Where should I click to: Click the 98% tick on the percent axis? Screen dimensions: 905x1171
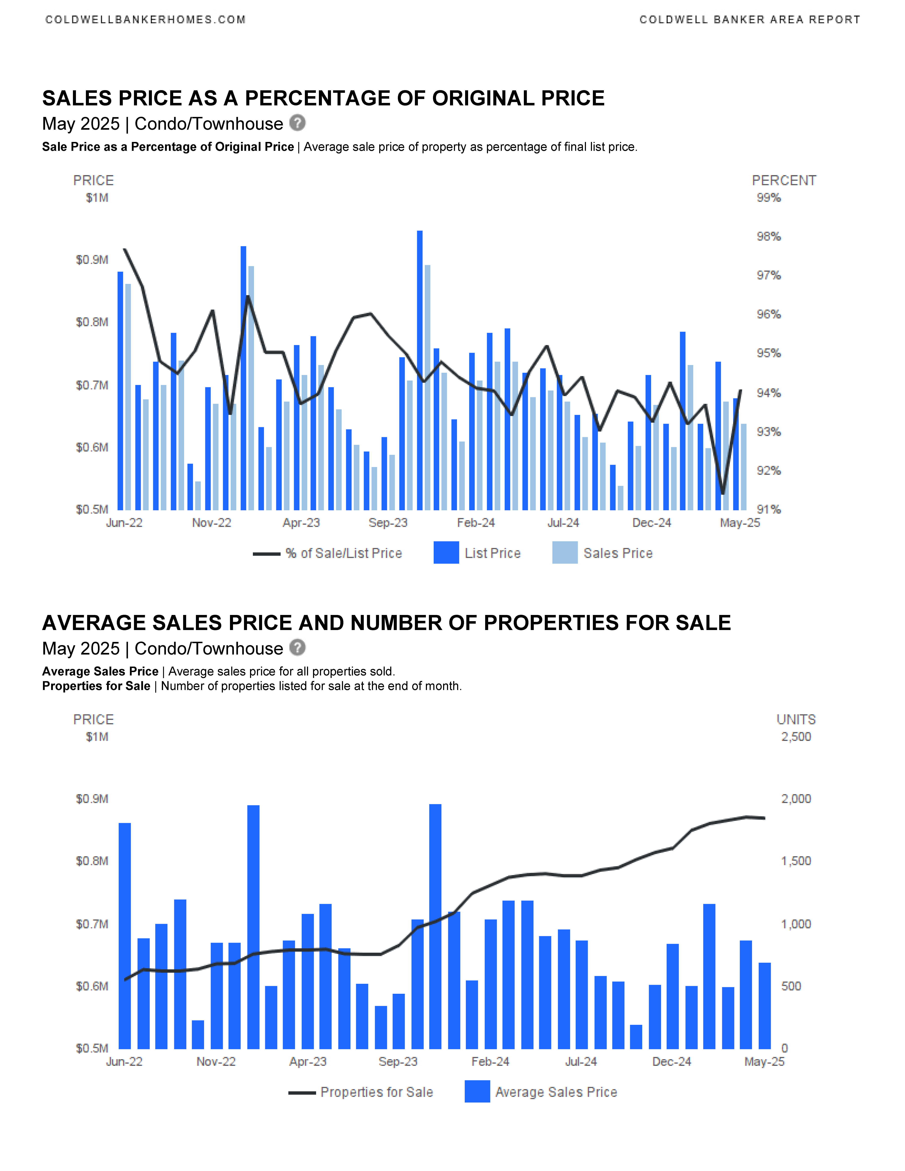pos(768,237)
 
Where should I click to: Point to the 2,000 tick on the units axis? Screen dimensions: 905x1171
pos(796,799)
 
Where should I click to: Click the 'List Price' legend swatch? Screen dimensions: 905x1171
pos(446,553)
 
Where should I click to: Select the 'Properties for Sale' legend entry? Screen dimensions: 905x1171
pos(361,1092)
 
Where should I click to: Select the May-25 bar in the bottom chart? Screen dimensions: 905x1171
pos(764,1006)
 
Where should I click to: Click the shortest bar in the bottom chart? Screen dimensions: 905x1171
pos(636,1037)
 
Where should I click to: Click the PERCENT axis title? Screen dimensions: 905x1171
pos(784,181)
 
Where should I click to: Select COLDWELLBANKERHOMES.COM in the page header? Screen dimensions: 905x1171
pos(145,20)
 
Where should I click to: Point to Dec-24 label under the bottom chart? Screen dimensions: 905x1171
pos(672,1062)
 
